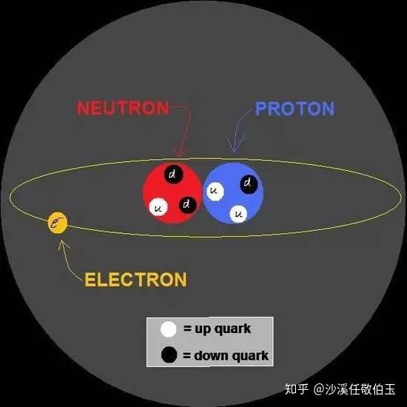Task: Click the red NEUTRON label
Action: [123, 108]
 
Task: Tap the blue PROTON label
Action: [295, 109]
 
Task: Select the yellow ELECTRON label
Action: [135, 280]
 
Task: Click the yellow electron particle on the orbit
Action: [58, 223]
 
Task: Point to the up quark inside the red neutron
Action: [158, 207]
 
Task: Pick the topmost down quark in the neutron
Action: [173, 174]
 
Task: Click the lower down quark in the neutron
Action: [187, 204]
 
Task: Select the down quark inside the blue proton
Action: [249, 184]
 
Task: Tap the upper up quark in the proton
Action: [215, 191]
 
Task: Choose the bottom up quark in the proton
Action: [238, 214]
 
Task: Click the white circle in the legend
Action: [169, 329]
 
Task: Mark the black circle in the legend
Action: [169, 354]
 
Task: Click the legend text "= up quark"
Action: [217, 329]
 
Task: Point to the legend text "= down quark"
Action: [226, 356]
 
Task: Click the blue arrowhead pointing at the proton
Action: [235, 144]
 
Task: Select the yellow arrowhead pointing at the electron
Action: [63, 245]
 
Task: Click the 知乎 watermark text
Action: [297, 389]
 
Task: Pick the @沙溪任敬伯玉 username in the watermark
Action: [354, 389]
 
